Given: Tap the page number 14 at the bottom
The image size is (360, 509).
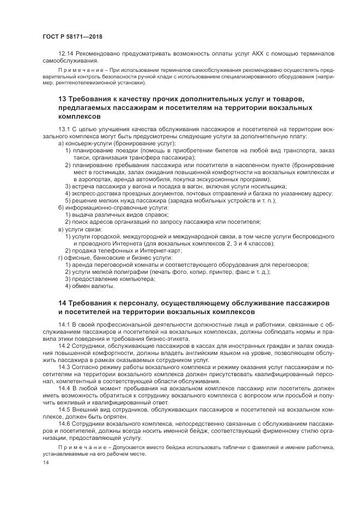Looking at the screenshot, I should pyautogui.click(x=45, y=462).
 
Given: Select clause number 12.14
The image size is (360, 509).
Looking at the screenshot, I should pyautogui.click(x=66, y=53).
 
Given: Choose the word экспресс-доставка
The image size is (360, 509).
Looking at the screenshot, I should pyautogui.click(x=95, y=193).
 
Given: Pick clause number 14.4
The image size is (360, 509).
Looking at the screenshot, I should pyautogui.click(x=65, y=389).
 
